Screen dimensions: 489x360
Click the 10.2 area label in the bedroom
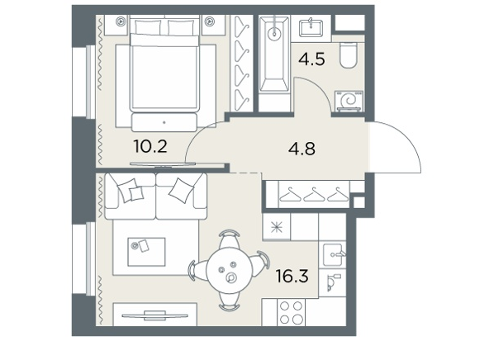[x=150, y=146]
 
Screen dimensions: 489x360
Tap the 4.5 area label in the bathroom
[x=311, y=59]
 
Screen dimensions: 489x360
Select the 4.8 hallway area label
[x=301, y=149]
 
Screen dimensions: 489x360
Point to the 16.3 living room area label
[x=292, y=276]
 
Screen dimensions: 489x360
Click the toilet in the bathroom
[x=348, y=55]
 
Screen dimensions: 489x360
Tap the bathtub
[x=275, y=54]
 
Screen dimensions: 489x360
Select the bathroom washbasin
[x=311, y=27]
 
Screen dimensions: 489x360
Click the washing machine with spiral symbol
[x=349, y=101]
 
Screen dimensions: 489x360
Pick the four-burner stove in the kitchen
[x=292, y=313]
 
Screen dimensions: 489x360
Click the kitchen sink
[x=332, y=254]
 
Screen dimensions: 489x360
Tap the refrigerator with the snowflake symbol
[x=277, y=227]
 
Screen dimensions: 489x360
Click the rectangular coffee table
[x=146, y=252]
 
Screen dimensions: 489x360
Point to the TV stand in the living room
[x=155, y=315]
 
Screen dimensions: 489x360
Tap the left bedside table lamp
[x=120, y=21]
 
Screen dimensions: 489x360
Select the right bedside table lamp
[x=210, y=21]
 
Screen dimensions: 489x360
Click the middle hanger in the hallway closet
[x=315, y=194]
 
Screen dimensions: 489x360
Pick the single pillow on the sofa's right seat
[x=182, y=190]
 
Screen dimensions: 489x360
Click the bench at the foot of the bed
[x=164, y=122]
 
